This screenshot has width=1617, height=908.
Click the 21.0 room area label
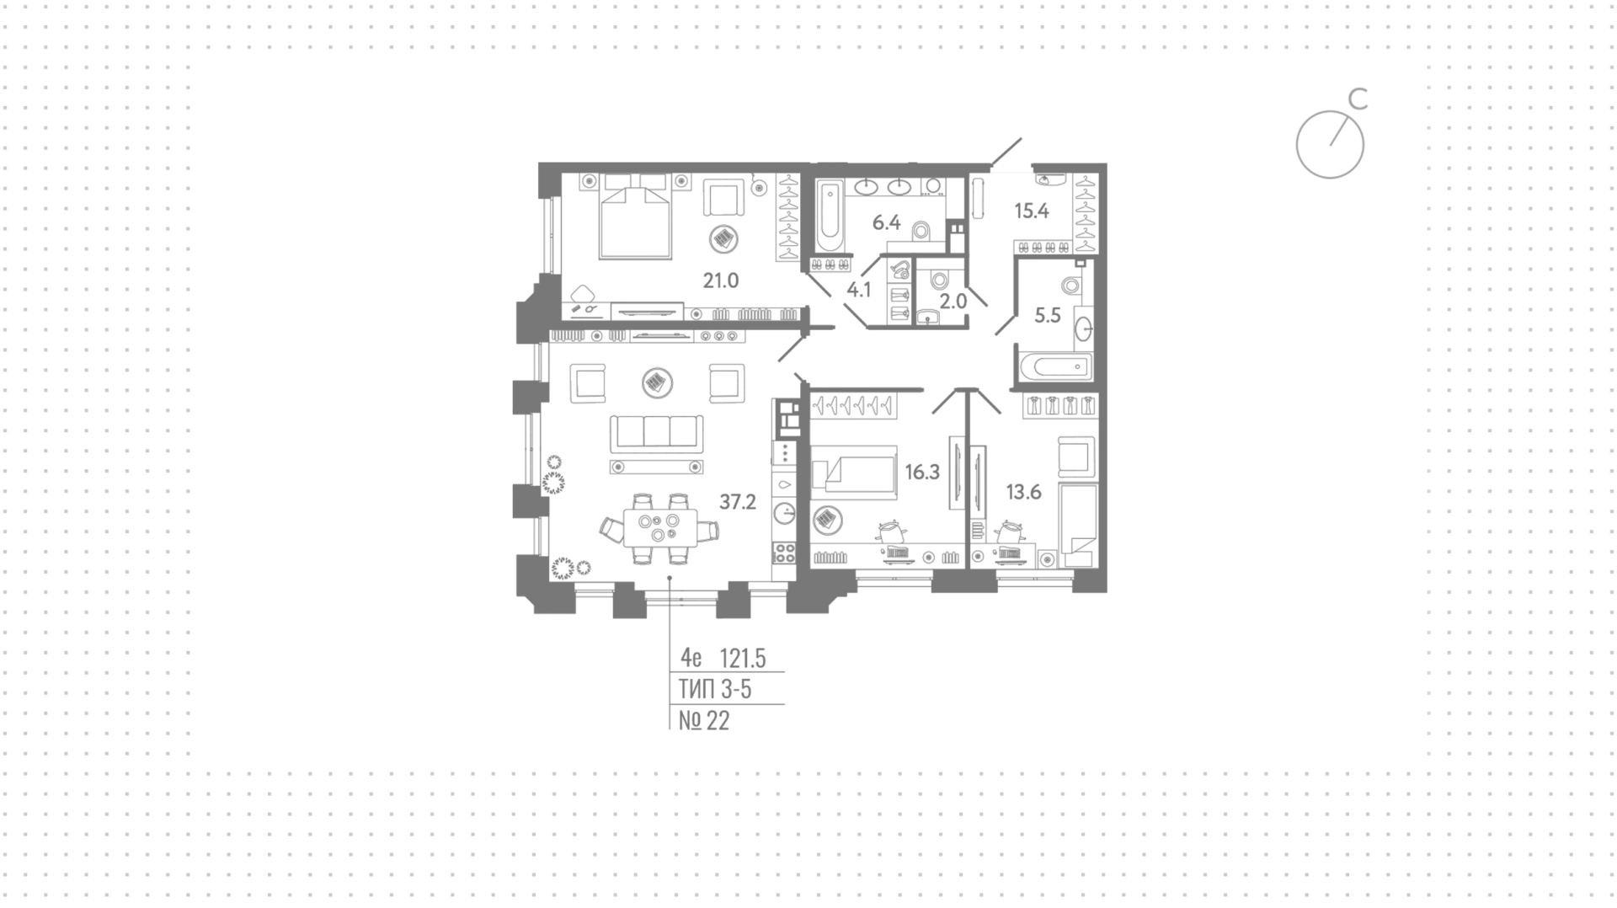(721, 280)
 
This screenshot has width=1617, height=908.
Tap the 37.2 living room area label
(738, 503)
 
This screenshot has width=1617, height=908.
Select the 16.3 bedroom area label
(922, 473)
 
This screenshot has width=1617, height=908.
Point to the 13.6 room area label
(1024, 492)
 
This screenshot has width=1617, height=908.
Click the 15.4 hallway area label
(1032, 211)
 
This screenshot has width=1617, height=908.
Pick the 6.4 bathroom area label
(887, 223)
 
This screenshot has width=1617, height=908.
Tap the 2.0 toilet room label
(953, 301)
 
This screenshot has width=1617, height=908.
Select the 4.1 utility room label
(859, 291)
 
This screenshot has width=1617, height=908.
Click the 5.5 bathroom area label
(1048, 316)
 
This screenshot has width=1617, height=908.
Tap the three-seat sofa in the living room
(656, 433)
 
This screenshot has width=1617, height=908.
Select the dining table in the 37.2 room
(660, 528)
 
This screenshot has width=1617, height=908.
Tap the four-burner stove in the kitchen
(785, 553)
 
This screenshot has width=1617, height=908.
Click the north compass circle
(1330, 144)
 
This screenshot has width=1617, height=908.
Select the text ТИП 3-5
(715, 690)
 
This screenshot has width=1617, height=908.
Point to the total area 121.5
(743, 658)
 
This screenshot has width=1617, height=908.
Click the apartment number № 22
(704, 721)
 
